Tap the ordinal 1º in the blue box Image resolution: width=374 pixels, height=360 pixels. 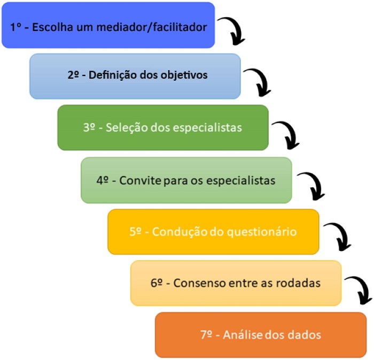point(16,27)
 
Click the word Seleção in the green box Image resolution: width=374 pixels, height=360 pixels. point(126,128)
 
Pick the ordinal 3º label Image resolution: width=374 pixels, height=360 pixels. point(91,128)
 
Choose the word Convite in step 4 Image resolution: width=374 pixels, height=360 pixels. point(139,180)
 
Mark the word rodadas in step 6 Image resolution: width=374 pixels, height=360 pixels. point(298,284)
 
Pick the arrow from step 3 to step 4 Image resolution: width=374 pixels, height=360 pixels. point(286,134)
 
